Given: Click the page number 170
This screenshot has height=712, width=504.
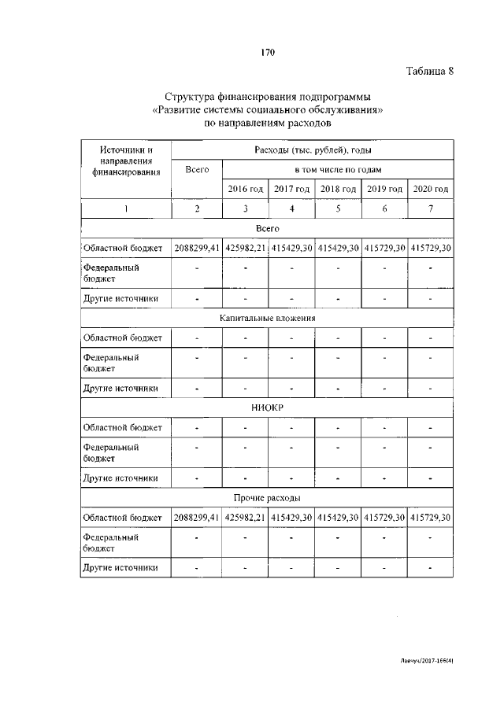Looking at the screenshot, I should point(267,53).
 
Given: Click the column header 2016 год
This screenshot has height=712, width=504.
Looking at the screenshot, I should point(245,189).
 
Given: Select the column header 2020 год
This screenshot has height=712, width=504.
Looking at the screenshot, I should point(430,189).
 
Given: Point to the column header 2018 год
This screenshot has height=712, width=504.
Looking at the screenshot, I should point(338,189).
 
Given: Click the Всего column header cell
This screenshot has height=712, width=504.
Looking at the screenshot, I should point(197,169).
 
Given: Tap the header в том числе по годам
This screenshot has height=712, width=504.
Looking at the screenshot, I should point(338,169).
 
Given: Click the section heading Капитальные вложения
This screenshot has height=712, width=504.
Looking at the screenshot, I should point(267,319).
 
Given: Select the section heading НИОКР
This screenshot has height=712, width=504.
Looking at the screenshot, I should point(267,408).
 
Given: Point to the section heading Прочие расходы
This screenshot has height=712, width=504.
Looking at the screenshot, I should point(267,498).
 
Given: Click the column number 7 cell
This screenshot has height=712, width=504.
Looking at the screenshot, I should point(430,208).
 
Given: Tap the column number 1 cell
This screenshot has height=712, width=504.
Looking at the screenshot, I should point(126,208).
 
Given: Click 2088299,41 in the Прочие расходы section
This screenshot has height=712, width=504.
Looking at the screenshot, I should point(197,518).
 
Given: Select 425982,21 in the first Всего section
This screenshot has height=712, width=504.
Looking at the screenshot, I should point(245,249).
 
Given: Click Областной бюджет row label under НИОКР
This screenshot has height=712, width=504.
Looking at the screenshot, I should point(123,428).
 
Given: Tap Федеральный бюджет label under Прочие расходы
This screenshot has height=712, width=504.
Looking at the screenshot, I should point(111,542).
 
